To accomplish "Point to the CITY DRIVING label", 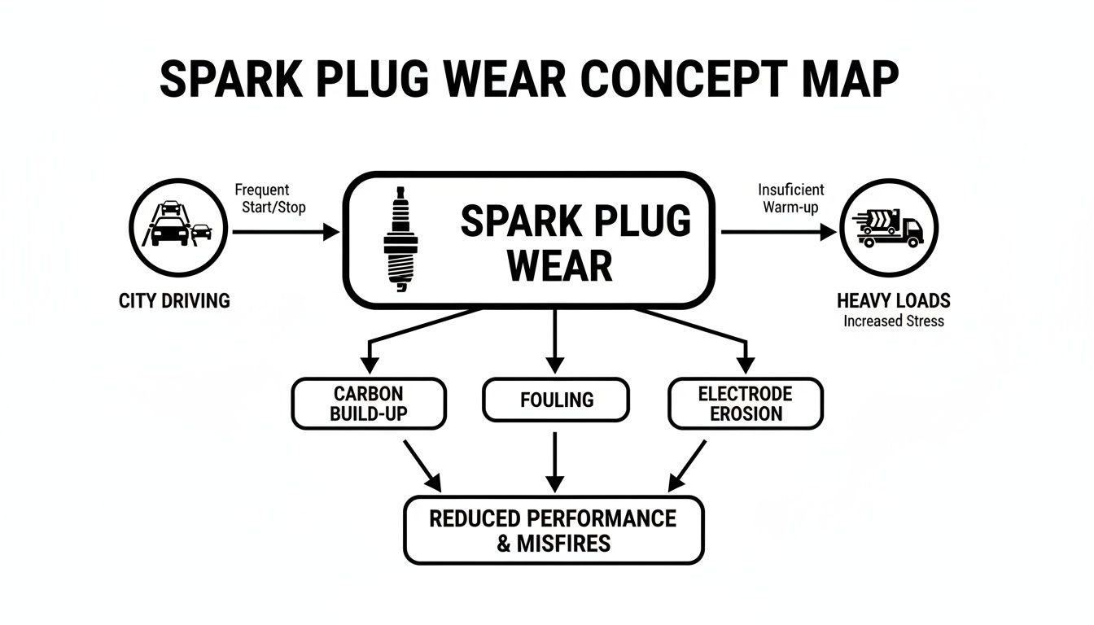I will click(x=174, y=301).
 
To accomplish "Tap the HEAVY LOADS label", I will click(x=893, y=301).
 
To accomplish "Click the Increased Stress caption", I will click(x=893, y=321).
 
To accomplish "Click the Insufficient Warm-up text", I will click(x=790, y=198).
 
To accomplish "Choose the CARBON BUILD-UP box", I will click(x=369, y=404).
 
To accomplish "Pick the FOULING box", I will click(x=556, y=400).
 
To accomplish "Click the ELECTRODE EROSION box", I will click(x=745, y=404).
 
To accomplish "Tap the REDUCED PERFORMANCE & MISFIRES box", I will click(x=554, y=530).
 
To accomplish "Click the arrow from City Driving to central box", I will click(x=285, y=232).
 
